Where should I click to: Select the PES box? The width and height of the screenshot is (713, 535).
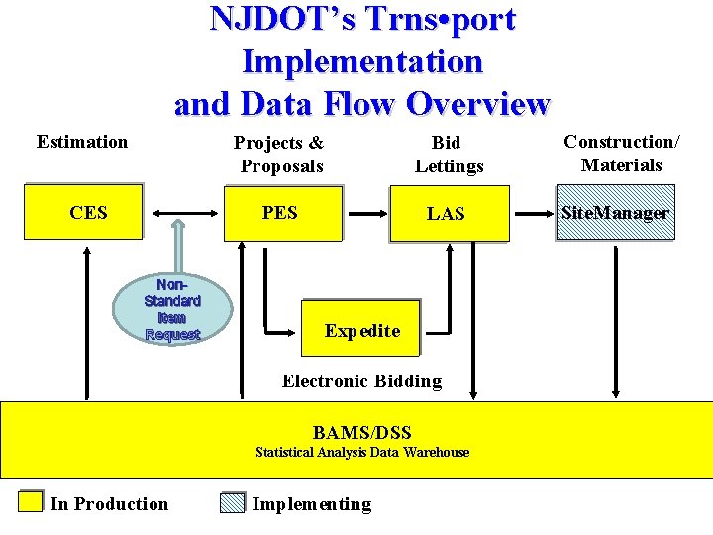point(282,213)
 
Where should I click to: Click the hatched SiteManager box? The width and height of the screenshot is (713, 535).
point(615,212)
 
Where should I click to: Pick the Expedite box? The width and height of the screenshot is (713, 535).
point(361,330)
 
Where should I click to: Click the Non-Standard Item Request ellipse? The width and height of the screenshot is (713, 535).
point(172,308)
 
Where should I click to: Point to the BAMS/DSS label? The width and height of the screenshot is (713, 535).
point(361,432)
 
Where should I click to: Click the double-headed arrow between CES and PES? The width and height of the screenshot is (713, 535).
point(185,213)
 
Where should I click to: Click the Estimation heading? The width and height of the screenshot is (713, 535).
point(82,142)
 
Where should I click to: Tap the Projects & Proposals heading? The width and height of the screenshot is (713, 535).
point(280,154)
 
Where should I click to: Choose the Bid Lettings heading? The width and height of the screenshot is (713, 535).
point(449,154)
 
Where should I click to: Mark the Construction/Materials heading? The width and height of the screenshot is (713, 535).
point(622,153)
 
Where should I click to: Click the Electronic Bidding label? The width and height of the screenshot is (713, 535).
point(361,381)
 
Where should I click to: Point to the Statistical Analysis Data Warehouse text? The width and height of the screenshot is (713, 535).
point(362,453)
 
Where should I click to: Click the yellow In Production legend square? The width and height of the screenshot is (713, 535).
point(32,502)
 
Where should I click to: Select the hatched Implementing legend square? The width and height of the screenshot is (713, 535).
point(232,502)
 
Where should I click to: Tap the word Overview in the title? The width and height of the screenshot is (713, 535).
point(477,103)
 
